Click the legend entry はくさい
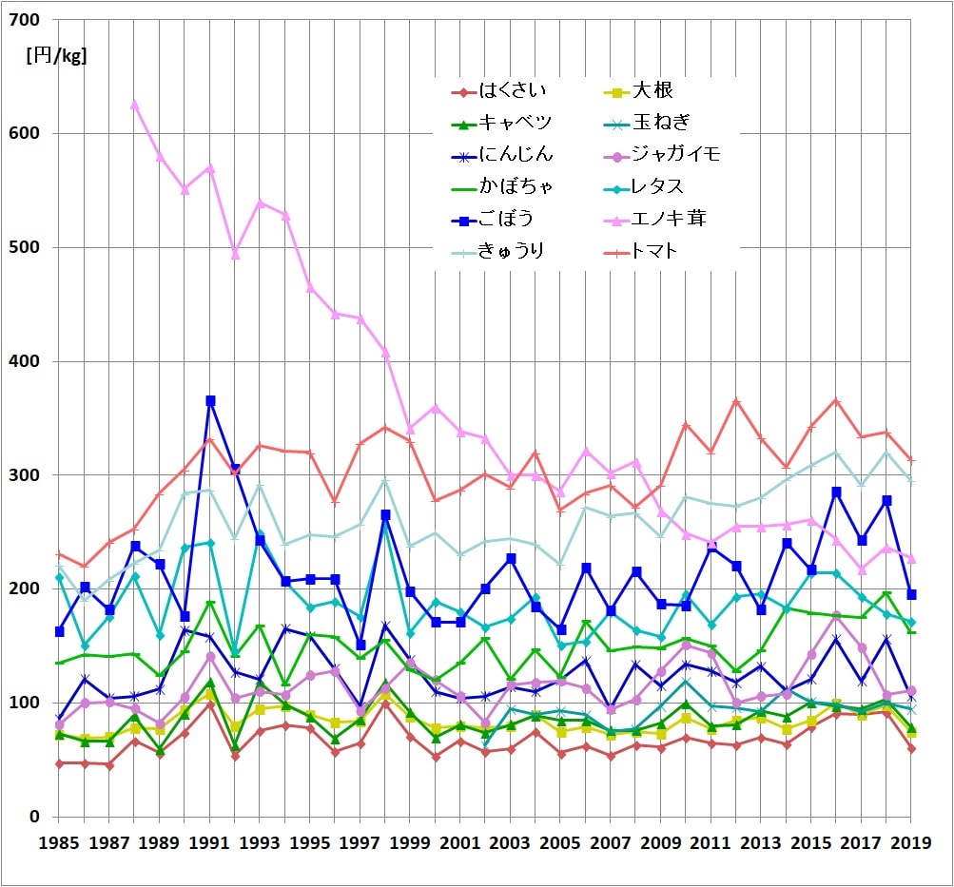tap(514, 92)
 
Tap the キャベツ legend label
tap(515, 124)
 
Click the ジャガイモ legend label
tap(675, 155)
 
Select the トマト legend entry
tap(657, 251)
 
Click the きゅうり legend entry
tap(515, 251)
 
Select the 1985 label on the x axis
tap(59, 842)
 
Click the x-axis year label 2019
tap(911, 842)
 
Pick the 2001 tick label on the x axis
tap(460, 842)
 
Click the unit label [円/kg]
tap(57, 55)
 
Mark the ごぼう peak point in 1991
tap(210, 401)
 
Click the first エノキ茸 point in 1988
tap(135, 104)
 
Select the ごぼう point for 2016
tap(836, 492)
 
